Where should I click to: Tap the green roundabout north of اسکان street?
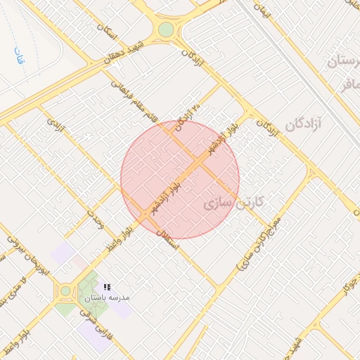click(166, 30)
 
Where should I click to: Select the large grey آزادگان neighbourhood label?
click(302, 125)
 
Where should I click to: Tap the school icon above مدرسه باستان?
click(107, 287)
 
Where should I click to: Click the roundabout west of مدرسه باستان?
click(66, 290)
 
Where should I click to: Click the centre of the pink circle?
click(180, 179)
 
